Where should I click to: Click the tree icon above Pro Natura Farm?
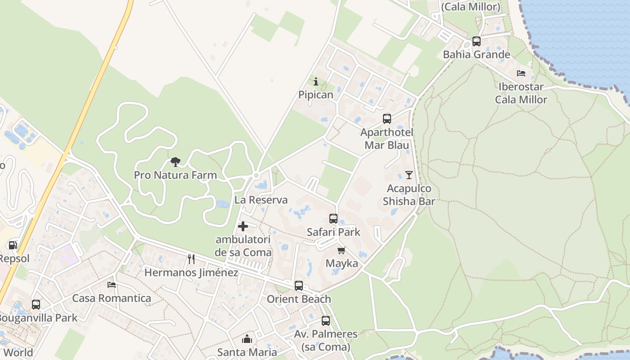coord(175,162)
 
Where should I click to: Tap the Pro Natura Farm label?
coord(175,175)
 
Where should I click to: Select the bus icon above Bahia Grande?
coord(477,41)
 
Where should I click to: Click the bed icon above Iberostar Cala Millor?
coord(521,73)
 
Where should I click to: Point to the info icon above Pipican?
coord(316,81)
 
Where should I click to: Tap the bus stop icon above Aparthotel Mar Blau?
coord(387,119)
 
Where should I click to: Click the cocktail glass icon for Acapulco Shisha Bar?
coord(409,175)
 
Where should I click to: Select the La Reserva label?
coord(261,200)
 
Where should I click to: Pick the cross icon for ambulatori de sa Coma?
coord(243,226)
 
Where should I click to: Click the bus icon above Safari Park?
coord(333,219)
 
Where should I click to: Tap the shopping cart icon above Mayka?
coord(342,250)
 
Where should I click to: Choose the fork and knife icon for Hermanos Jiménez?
coord(191,259)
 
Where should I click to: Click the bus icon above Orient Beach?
coord(299,286)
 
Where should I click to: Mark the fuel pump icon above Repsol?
coord(13,245)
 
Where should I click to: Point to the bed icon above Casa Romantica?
coord(112,285)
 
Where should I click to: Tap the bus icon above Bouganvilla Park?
coord(36,305)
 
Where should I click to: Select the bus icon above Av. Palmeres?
coord(326,321)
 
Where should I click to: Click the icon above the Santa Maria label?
coord(247,339)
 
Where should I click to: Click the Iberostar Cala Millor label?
coord(521,93)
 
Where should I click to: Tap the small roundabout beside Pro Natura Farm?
coord(256,175)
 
